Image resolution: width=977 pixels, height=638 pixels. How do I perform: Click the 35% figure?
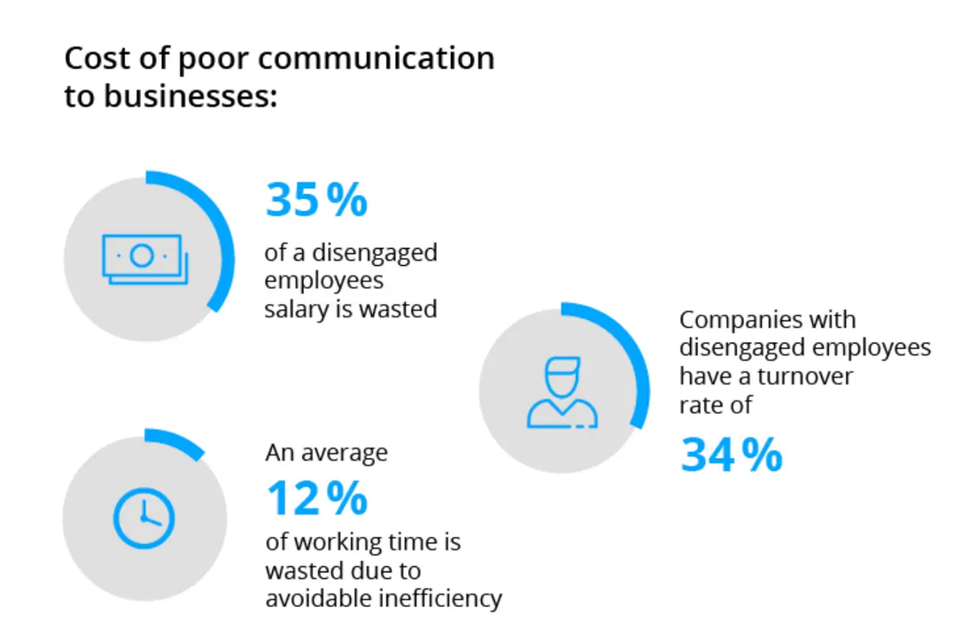click(315, 201)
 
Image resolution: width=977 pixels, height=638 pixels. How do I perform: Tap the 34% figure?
click(731, 455)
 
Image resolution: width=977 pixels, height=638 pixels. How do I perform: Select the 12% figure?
click(315, 498)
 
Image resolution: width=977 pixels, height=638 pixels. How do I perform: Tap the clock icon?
click(143, 517)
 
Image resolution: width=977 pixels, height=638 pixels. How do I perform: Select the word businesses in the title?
click(183, 96)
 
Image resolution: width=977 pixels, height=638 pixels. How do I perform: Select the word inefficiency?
click(440, 598)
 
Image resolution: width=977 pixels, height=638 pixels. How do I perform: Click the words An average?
click(326, 453)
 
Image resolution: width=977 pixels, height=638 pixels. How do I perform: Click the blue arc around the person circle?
click(633, 354)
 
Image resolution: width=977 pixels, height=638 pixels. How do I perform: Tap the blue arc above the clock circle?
click(176, 440)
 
